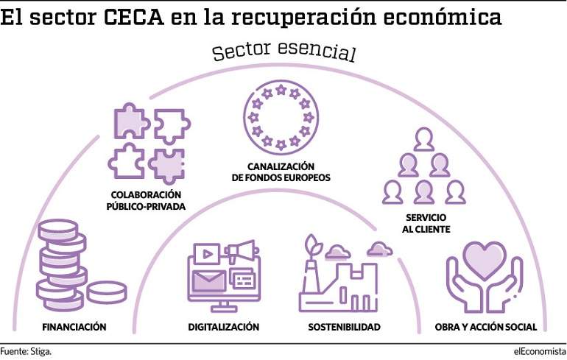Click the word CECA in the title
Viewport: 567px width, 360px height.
133,17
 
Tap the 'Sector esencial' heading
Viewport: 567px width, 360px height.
284,51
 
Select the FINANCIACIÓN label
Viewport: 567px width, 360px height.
74,327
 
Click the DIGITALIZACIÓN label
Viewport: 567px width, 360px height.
223,327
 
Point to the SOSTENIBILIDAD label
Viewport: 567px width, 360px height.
345,327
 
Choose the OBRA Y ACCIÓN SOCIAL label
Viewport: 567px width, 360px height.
486,327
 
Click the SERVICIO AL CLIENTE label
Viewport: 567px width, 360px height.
426,223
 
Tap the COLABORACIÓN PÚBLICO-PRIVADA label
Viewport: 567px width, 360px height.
146,200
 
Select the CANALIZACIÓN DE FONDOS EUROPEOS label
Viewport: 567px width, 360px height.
281,172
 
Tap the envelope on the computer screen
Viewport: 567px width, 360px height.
208,280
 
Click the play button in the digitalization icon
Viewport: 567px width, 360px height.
207,254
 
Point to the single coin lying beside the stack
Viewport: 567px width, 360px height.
107,292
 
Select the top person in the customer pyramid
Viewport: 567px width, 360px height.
424,139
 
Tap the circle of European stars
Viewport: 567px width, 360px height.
281,118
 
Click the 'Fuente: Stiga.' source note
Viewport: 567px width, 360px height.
26,351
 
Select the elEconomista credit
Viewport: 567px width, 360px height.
540,351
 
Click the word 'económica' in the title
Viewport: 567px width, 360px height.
443,17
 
